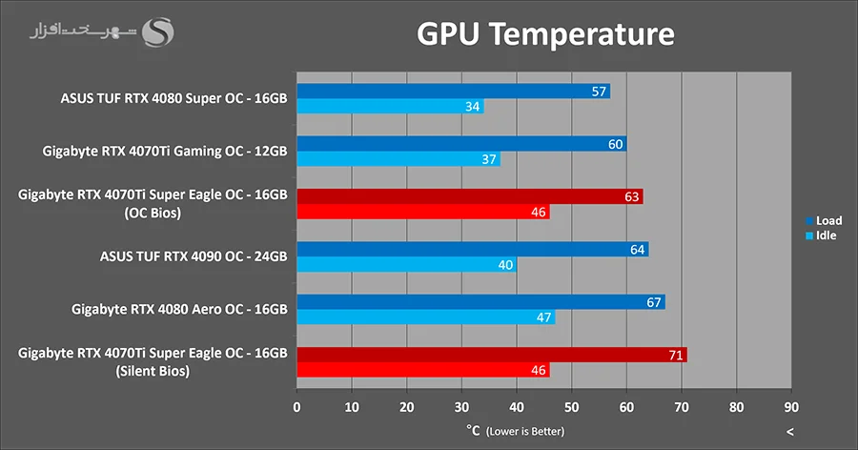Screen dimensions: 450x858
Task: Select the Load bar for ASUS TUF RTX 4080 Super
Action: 453,92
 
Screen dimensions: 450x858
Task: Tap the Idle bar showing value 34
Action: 390,107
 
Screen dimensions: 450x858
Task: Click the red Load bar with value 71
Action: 491,355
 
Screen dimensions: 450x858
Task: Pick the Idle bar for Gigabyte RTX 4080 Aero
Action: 425,317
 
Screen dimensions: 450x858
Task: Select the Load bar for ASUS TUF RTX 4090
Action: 472,250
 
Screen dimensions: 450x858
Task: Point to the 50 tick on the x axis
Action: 571,407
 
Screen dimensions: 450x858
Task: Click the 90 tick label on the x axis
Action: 790,407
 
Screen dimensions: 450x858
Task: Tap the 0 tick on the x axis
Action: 297,407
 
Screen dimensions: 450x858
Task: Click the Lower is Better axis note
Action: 524,431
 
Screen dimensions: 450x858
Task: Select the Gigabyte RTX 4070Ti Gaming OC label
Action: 165,151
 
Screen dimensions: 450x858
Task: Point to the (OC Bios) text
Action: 153,213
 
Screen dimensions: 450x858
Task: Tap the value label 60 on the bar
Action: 616,144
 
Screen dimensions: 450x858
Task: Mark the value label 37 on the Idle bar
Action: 489,159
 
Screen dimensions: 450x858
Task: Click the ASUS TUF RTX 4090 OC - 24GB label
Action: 194,256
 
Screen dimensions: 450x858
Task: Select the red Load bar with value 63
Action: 469,196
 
